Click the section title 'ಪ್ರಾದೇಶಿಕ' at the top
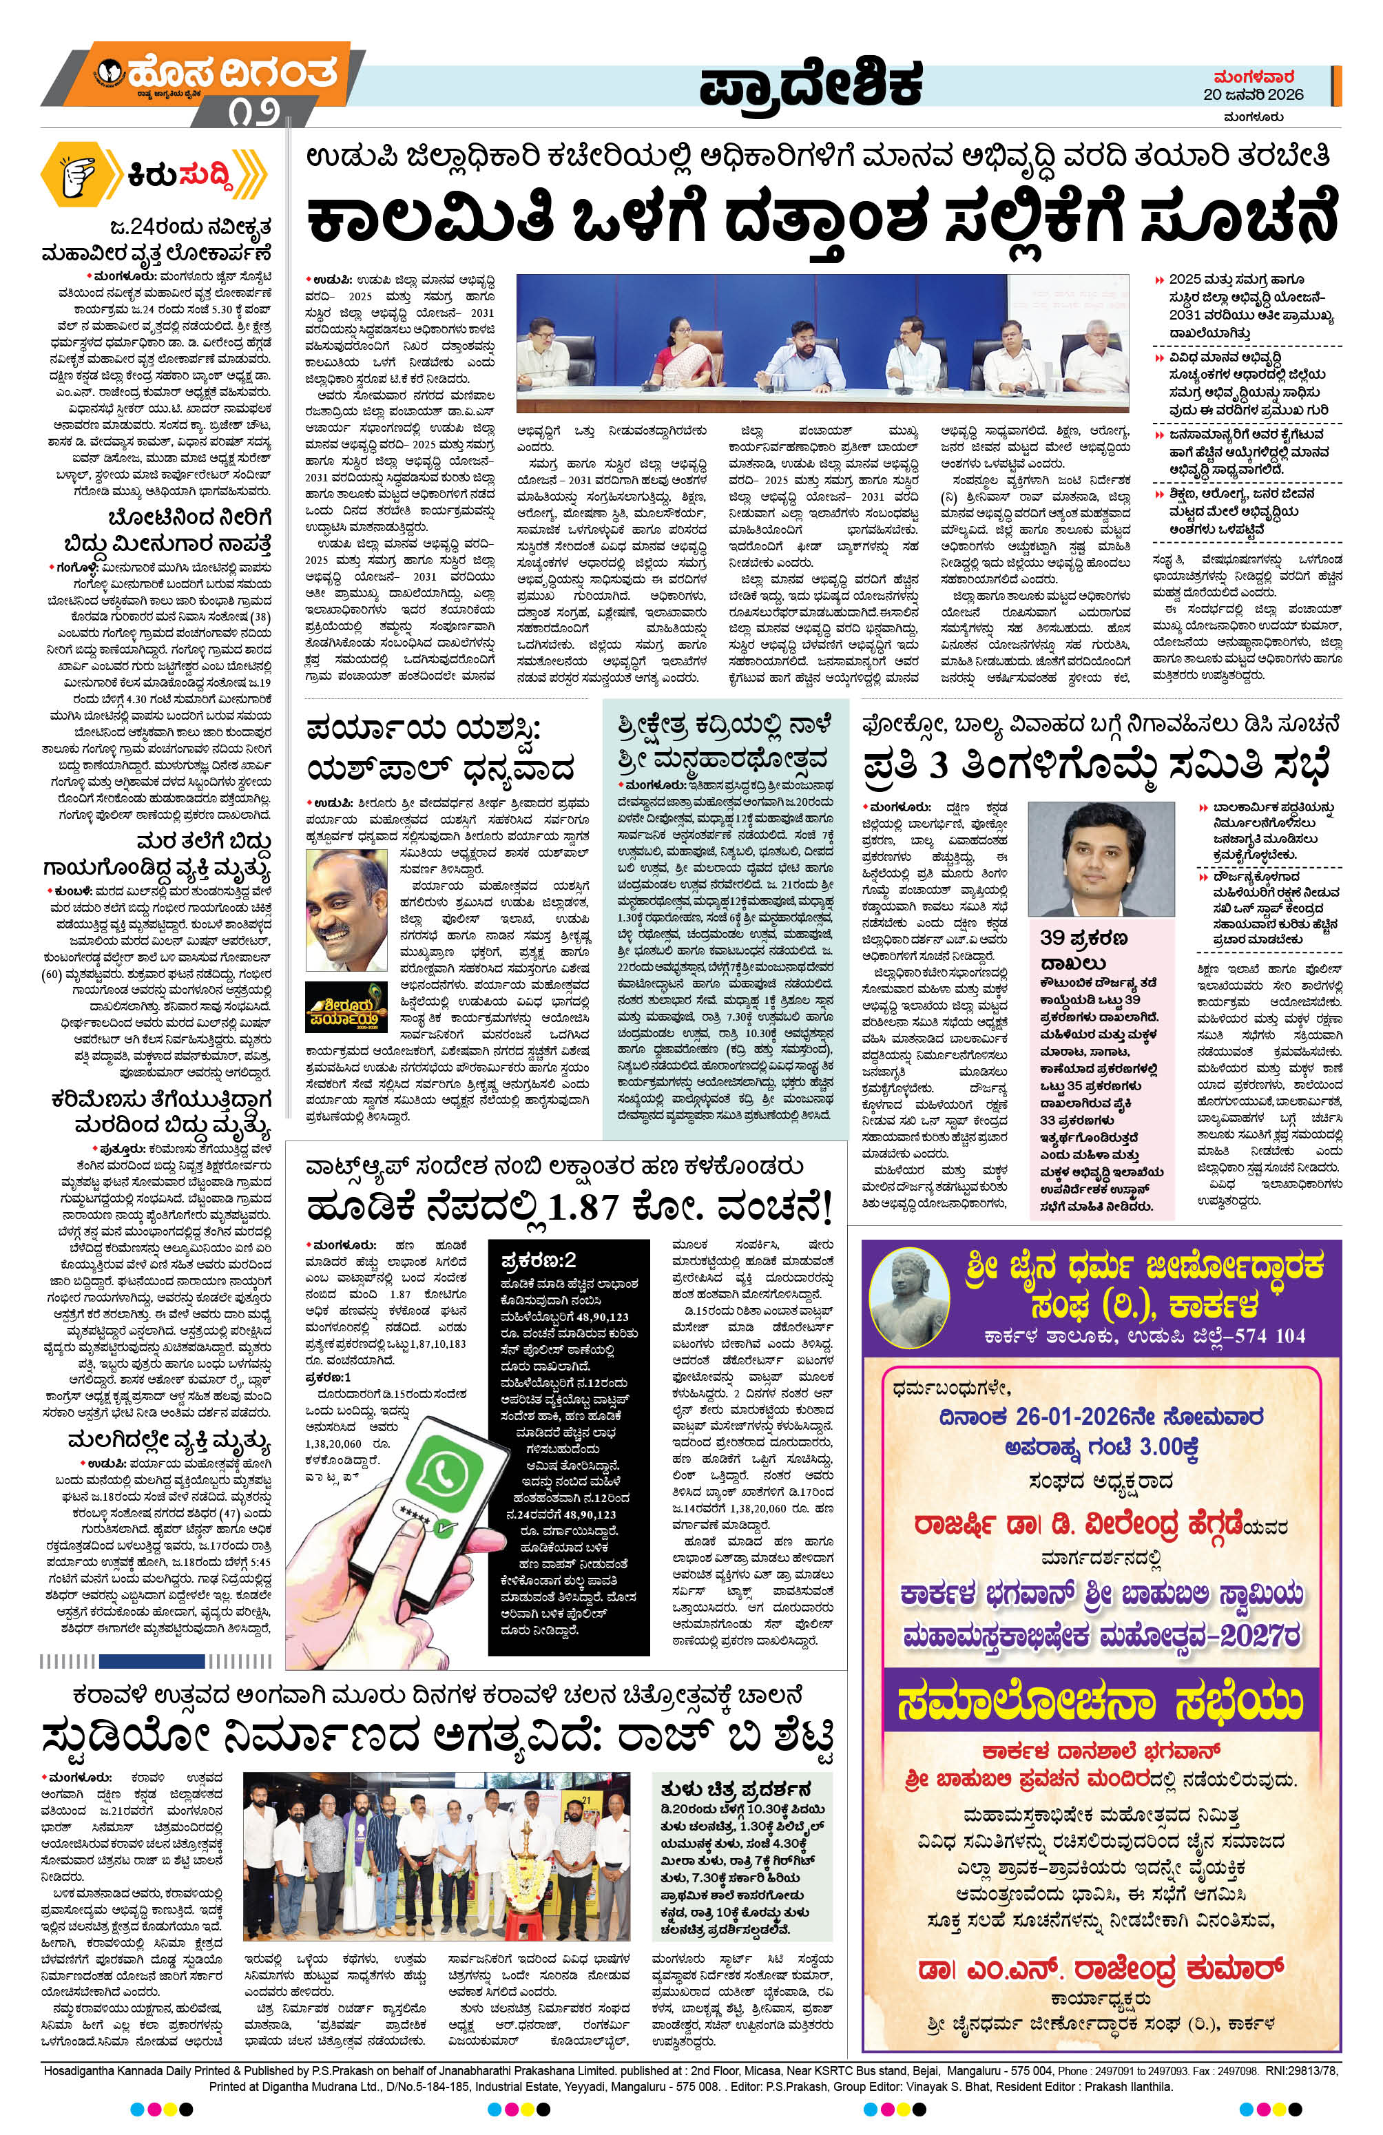[811, 89]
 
